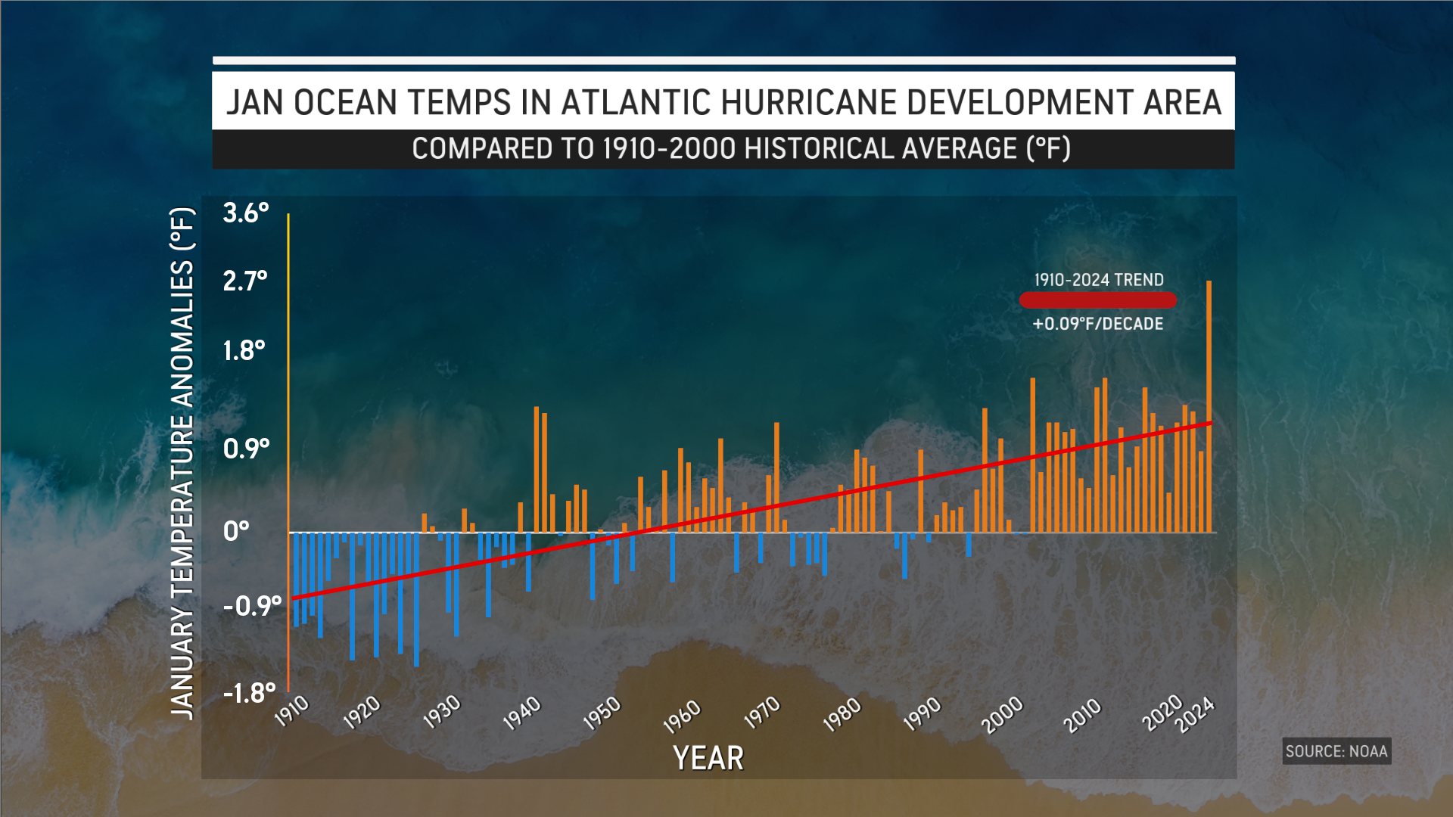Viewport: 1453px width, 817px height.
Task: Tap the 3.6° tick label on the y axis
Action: [246, 213]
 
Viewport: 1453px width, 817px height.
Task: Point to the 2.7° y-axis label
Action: [245, 281]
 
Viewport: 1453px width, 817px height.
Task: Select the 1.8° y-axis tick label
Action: [244, 351]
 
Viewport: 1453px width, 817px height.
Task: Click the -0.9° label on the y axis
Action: [252, 606]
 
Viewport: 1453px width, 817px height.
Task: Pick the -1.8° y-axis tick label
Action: [249, 693]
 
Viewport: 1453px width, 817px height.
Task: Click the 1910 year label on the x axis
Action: [292, 711]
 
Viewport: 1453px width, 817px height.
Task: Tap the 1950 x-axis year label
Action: [602, 713]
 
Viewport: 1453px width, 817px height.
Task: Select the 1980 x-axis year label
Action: [842, 714]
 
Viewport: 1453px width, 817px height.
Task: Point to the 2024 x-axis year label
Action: [1195, 715]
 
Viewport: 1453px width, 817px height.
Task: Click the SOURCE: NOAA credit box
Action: [1336, 751]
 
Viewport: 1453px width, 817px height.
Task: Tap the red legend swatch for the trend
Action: [1098, 300]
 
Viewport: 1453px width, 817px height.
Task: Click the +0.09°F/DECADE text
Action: [1098, 324]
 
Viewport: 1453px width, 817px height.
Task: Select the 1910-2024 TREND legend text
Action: [1099, 280]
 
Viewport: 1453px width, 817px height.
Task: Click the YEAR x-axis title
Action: [708, 758]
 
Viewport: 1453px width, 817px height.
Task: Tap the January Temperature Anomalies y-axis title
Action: [182, 462]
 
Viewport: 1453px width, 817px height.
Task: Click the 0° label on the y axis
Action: [236, 531]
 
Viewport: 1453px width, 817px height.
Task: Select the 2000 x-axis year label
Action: [1003, 715]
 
